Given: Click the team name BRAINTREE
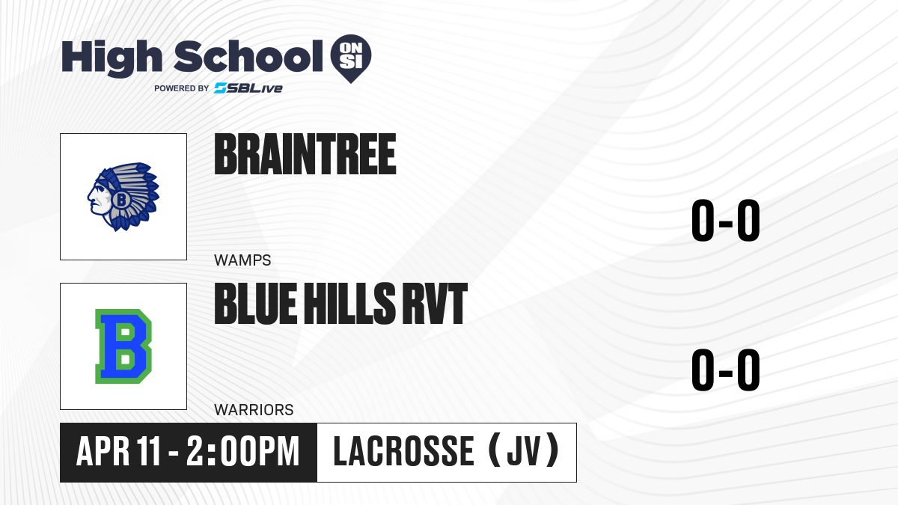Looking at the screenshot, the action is [x=305, y=154].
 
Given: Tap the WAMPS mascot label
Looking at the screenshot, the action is [x=242, y=260].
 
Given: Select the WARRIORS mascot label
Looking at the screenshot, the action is [x=254, y=410].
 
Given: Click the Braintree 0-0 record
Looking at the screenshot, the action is [x=726, y=220].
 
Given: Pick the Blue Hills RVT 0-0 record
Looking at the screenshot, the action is [x=726, y=370].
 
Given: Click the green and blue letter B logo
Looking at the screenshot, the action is [x=123, y=346].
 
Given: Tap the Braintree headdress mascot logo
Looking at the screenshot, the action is [x=123, y=196].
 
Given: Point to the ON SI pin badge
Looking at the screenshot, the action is [x=351, y=58].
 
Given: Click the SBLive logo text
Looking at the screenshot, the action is [x=248, y=88].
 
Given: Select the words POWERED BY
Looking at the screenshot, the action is [x=182, y=88].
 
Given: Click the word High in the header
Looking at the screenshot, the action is [x=112, y=58].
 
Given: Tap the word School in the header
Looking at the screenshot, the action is [x=248, y=56].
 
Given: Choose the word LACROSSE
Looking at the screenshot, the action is [x=403, y=451].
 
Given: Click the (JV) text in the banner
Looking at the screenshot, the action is [x=524, y=450].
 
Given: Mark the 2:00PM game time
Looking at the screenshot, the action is [x=243, y=451].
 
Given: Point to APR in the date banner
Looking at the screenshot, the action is [x=103, y=451].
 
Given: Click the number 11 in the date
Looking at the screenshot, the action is [x=148, y=451].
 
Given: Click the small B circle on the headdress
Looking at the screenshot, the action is [x=120, y=199].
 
